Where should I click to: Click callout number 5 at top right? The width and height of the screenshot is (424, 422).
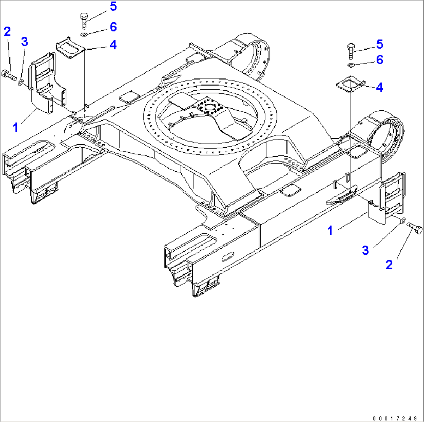(x=379, y=44)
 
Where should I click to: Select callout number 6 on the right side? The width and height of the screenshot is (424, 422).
(x=379, y=59)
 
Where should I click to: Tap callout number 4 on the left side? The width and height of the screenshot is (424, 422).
(x=112, y=45)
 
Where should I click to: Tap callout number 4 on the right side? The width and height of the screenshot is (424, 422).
(x=379, y=87)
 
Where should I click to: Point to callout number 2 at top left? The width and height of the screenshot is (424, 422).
(x=7, y=32)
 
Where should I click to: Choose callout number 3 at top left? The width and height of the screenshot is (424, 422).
(x=25, y=42)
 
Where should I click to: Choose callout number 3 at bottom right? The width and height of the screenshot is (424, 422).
(x=365, y=250)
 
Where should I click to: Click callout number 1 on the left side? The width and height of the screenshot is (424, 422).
(x=16, y=127)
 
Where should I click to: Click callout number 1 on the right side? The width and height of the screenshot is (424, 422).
(x=330, y=230)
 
